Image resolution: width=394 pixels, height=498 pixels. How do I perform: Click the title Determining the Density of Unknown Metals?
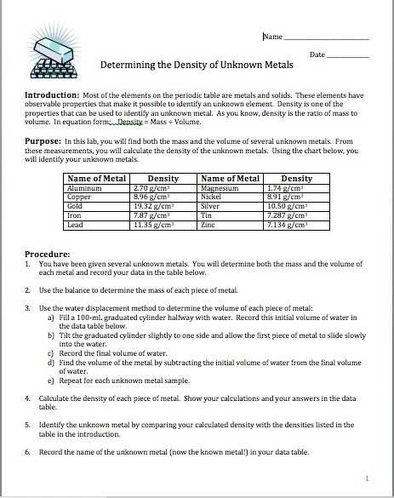coord(197,65)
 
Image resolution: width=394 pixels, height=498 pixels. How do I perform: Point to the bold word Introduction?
coord(53,95)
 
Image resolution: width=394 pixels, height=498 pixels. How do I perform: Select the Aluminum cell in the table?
coord(84,186)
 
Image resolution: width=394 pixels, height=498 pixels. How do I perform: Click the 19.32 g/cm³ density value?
coord(155,205)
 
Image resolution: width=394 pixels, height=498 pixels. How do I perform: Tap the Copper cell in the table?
coord(80,196)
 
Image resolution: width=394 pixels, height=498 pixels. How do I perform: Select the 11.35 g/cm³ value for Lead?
coord(155,224)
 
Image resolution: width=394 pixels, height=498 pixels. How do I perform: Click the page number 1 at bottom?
coord(367,478)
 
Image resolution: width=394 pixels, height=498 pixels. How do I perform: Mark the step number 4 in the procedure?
coord(28,398)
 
